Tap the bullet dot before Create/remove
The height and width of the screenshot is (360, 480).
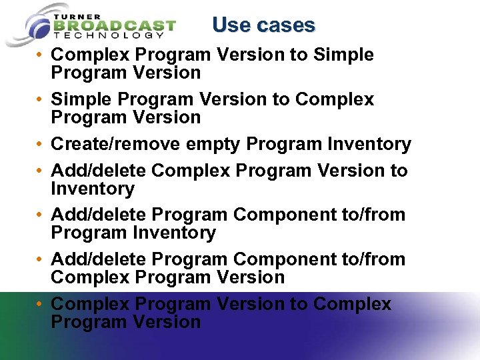point(41,145)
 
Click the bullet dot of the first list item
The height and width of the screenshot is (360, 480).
point(41,55)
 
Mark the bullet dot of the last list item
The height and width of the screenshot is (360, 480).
point(41,305)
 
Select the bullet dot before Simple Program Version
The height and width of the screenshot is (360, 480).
point(41,100)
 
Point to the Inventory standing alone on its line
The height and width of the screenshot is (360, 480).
point(93,189)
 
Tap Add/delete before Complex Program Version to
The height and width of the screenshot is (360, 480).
point(99,171)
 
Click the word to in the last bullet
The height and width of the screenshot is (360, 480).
point(299,304)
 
